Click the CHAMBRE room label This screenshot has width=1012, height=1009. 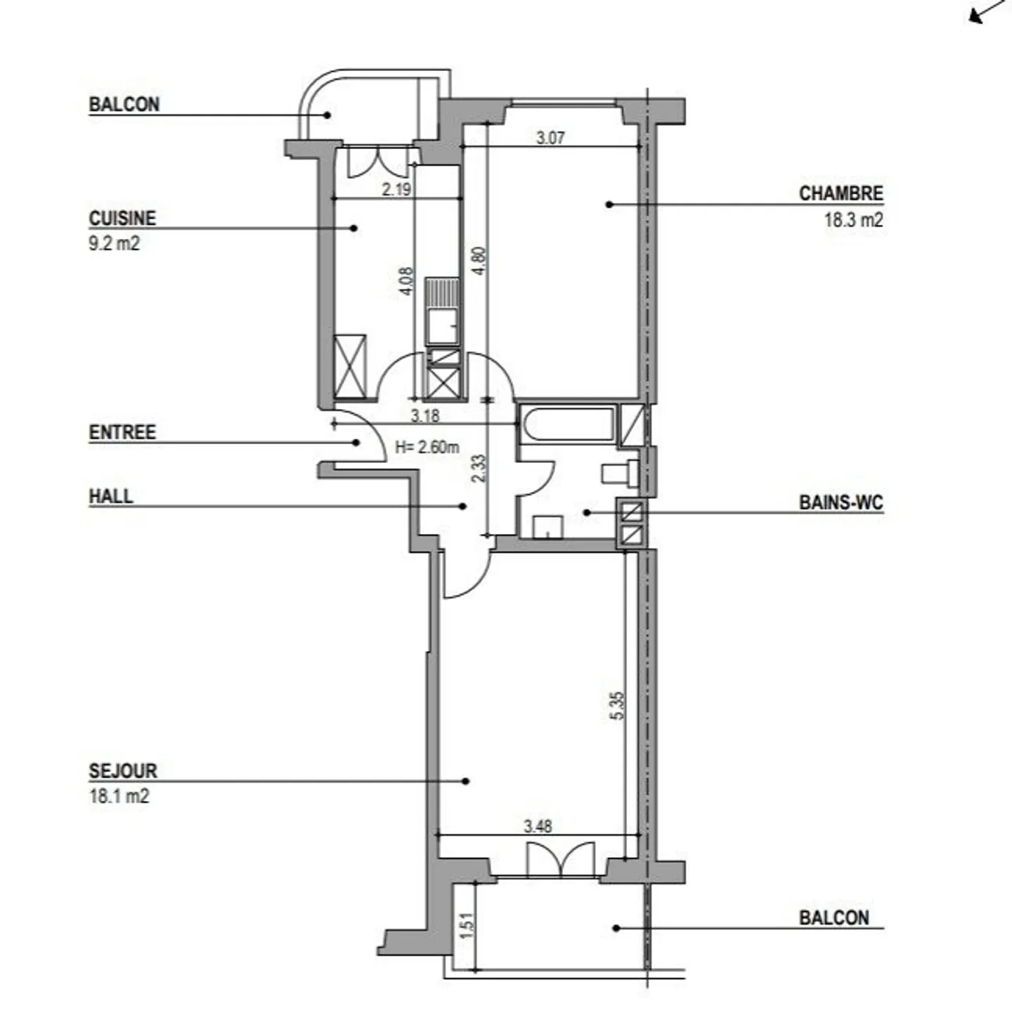point(841,193)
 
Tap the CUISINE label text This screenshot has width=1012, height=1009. point(122,219)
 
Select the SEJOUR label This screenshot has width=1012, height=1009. point(123,771)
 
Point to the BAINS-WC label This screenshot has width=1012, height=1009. point(841,503)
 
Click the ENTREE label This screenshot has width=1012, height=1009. point(122,432)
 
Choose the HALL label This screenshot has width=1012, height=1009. point(111,496)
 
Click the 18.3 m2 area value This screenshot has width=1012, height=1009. point(853,220)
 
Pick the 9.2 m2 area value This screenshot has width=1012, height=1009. point(114,244)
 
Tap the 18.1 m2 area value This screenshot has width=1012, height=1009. point(119,796)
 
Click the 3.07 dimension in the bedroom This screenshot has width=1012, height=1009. point(550,138)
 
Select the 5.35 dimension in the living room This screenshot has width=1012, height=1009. point(617,705)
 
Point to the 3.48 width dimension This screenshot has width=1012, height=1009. point(538,826)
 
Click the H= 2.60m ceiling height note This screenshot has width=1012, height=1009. point(427,447)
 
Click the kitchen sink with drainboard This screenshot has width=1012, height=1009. point(443,313)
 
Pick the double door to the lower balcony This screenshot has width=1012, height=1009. point(560,859)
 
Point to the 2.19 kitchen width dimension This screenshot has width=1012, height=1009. point(396,189)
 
